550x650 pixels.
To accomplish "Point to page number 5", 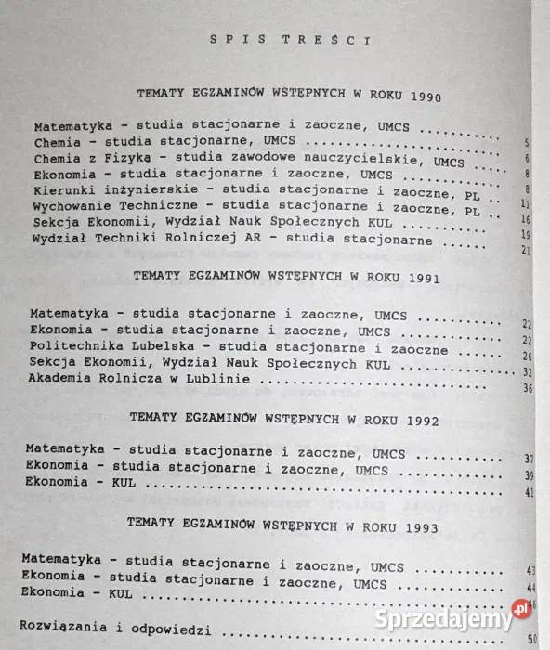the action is (x=527, y=141).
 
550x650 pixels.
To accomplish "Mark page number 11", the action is (x=526, y=202).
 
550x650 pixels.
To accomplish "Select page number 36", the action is (x=527, y=387).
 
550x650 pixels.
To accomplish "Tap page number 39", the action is (x=530, y=475).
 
